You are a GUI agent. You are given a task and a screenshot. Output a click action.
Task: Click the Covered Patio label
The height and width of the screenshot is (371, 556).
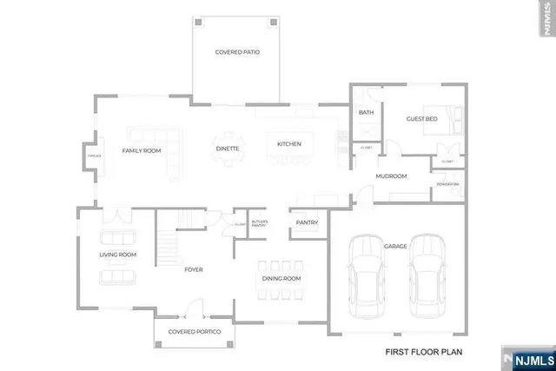pos(237,52)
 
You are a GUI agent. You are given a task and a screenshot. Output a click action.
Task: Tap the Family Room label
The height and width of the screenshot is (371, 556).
pos(141,151)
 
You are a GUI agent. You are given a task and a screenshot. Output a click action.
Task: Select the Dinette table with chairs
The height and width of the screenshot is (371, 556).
pos(229,146)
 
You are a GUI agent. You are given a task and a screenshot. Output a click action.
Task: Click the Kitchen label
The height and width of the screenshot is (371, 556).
pos(288,143)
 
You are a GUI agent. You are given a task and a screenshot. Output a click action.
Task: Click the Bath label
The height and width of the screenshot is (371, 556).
pos(366,112)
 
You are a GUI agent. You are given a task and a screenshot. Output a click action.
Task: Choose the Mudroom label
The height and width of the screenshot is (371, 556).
pos(391,176)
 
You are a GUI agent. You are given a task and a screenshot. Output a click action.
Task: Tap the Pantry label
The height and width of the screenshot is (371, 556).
pos(307,222)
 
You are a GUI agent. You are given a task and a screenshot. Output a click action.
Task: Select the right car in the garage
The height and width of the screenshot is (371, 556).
pos(427,276)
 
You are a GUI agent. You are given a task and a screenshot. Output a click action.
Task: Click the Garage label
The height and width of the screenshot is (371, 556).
pos(395,246)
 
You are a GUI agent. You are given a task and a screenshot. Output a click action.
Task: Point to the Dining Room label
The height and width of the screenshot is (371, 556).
pos(281,279)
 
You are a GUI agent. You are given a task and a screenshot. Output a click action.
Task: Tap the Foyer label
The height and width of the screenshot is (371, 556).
pos(193,269)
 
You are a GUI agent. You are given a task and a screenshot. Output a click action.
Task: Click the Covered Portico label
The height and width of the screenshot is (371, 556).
pos(195,332)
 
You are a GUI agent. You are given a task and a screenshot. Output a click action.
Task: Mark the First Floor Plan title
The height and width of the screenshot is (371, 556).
pos(423,352)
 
